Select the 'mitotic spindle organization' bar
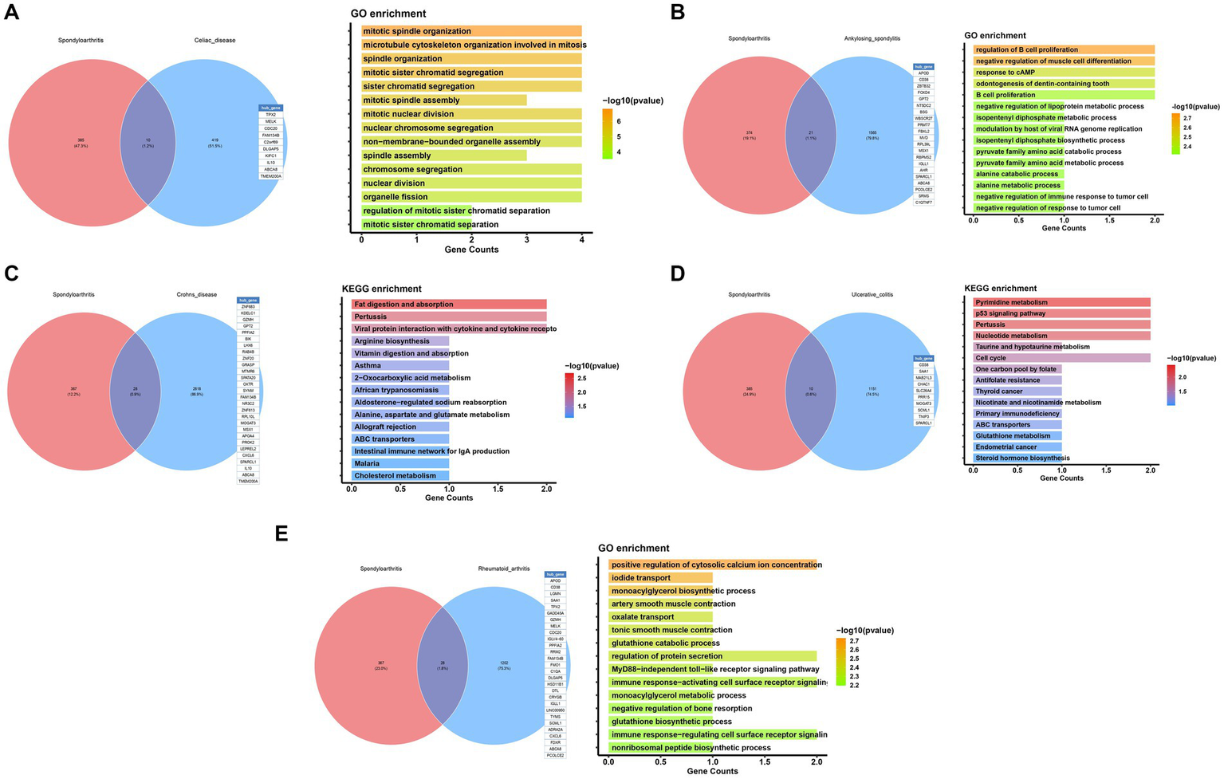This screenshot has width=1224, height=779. (x=471, y=31)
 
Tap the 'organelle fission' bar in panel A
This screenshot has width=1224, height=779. (x=471, y=197)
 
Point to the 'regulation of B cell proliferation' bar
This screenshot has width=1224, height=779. (x=1064, y=49)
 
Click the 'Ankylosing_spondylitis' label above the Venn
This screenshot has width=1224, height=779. (x=872, y=38)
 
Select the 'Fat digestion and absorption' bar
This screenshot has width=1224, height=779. (x=449, y=305)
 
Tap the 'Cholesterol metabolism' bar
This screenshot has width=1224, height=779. (x=400, y=476)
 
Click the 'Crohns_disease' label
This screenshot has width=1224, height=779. (x=197, y=294)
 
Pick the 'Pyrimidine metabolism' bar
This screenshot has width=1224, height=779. (x=1061, y=302)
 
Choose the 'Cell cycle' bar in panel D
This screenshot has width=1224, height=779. (x=1061, y=358)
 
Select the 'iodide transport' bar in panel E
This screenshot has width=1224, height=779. (x=660, y=578)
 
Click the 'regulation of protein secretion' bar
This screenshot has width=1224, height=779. (x=712, y=656)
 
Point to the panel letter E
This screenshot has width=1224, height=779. (x=281, y=533)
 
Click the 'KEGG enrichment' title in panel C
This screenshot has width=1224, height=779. (x=381, y=289)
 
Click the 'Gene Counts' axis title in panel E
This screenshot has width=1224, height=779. (x=712, y=771)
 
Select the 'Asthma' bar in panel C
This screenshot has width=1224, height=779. (x=400, y=366)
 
